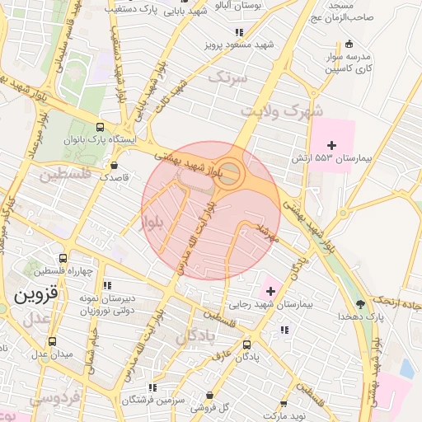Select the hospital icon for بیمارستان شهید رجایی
pos(270,291)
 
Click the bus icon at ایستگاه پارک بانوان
pos(100,127)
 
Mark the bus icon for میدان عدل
pos(53,341)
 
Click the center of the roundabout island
pos(232,175)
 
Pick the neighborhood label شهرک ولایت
pos(281,110)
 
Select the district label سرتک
pos(228,77)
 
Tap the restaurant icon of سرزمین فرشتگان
pos(152,387)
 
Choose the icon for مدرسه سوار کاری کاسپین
pos(350,44)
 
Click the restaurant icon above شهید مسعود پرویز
pos(239,32)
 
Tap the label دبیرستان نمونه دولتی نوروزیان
pos(106,303)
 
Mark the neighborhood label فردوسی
pos(55,397)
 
